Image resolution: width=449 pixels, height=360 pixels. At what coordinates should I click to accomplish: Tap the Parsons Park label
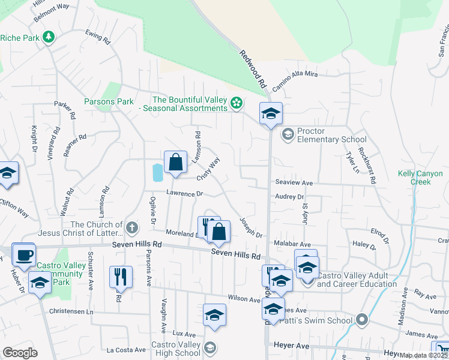[x=109, y=101]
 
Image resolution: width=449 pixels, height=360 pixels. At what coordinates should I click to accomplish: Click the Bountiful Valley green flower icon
[x=237, y=103]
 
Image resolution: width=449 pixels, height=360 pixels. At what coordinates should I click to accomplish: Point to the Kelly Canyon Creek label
[x=415, y=178]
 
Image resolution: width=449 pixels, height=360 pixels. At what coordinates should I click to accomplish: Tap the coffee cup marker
[x=24, y=255]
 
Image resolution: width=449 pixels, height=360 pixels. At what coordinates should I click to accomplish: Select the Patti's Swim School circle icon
[x=361, y=320]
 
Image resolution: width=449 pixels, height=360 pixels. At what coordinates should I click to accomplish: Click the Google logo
[x=20, y=353]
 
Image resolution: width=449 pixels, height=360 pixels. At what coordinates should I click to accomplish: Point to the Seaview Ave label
[x=294, y=182]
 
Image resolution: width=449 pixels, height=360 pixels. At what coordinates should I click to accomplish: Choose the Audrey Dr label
[x=289, y=196]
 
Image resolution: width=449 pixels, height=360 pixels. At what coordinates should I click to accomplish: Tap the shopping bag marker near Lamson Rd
[x=175, y=163]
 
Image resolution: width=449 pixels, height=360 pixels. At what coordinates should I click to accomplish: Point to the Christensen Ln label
[x=73, y=312]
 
